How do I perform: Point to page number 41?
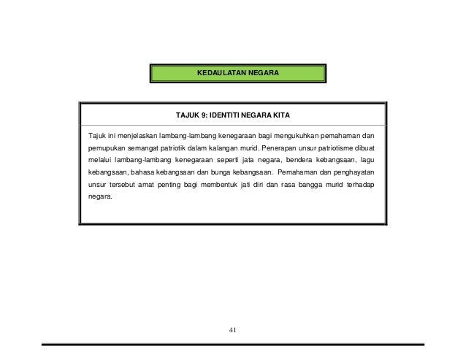233,329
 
